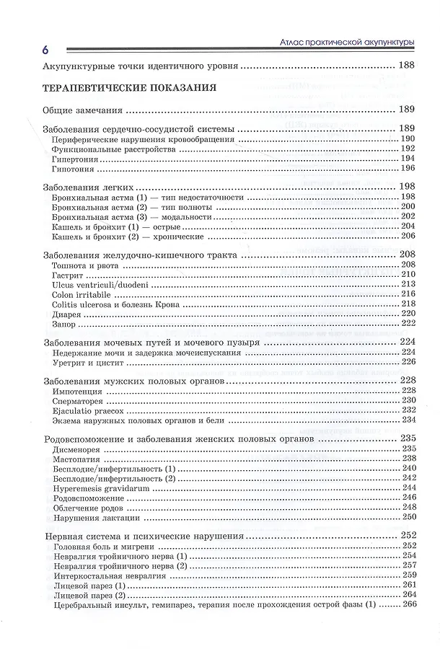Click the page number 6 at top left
(45, 50)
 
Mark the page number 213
(409, 285)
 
